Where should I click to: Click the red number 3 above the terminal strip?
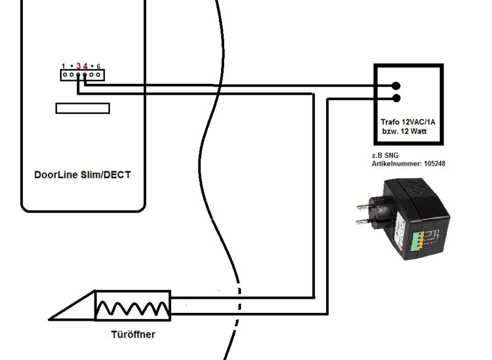click(79, 66)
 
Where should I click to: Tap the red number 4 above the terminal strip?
click(85, 66)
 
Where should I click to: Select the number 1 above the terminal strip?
click(63, 66)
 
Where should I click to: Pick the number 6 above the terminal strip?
click(98, 66)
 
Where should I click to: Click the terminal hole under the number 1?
click(64, 75)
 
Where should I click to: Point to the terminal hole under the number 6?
click(98, 75)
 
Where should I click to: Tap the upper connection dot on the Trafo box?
click(396, 86)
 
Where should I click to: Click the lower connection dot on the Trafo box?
click(396, 98)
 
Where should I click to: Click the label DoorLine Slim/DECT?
click(82, 175)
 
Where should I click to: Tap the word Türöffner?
click(133, 334)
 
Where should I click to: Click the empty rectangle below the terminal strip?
click(82, 108)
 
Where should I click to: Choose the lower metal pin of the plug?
click(363, 222)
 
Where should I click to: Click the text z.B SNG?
click(382, 156)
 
